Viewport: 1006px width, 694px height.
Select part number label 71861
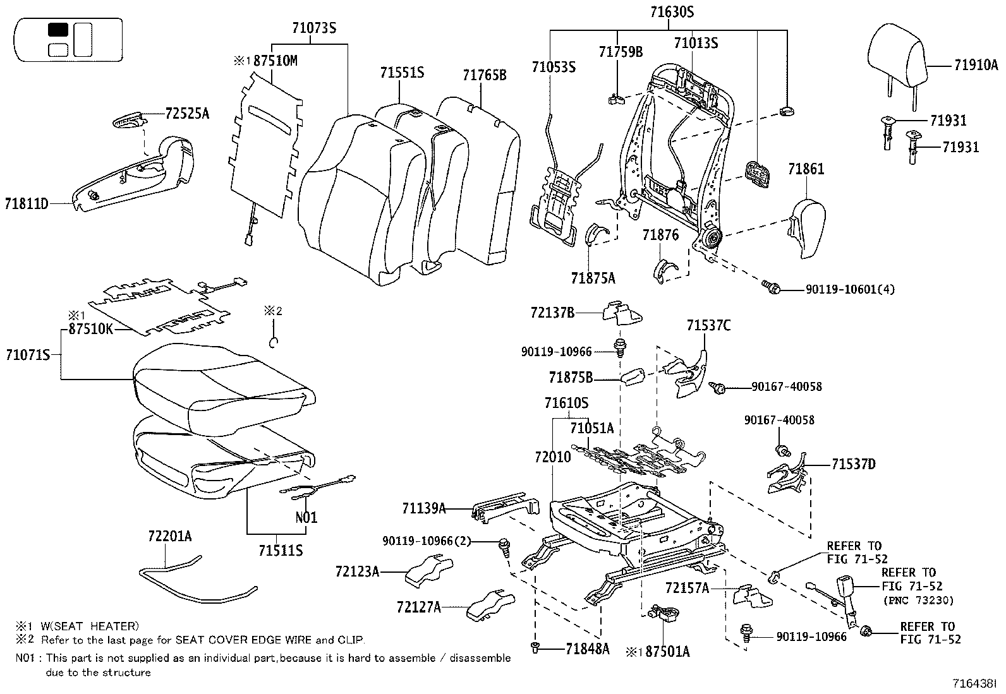click(806, 169)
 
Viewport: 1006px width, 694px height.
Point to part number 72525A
click(187, 114)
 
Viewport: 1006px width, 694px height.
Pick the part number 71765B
click(484, 75)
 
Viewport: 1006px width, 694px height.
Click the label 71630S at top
click(672, 11)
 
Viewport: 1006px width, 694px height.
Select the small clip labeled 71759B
click(615, 98)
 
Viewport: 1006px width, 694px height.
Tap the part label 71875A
click(593, 278)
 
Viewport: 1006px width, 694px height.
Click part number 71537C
click(708, 325)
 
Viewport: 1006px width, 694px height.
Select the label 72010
click(553, 456)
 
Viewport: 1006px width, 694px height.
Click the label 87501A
click(667, 651)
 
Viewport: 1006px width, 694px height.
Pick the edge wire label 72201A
click(169, 536)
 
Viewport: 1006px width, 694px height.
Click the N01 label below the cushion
click(306, 517)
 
